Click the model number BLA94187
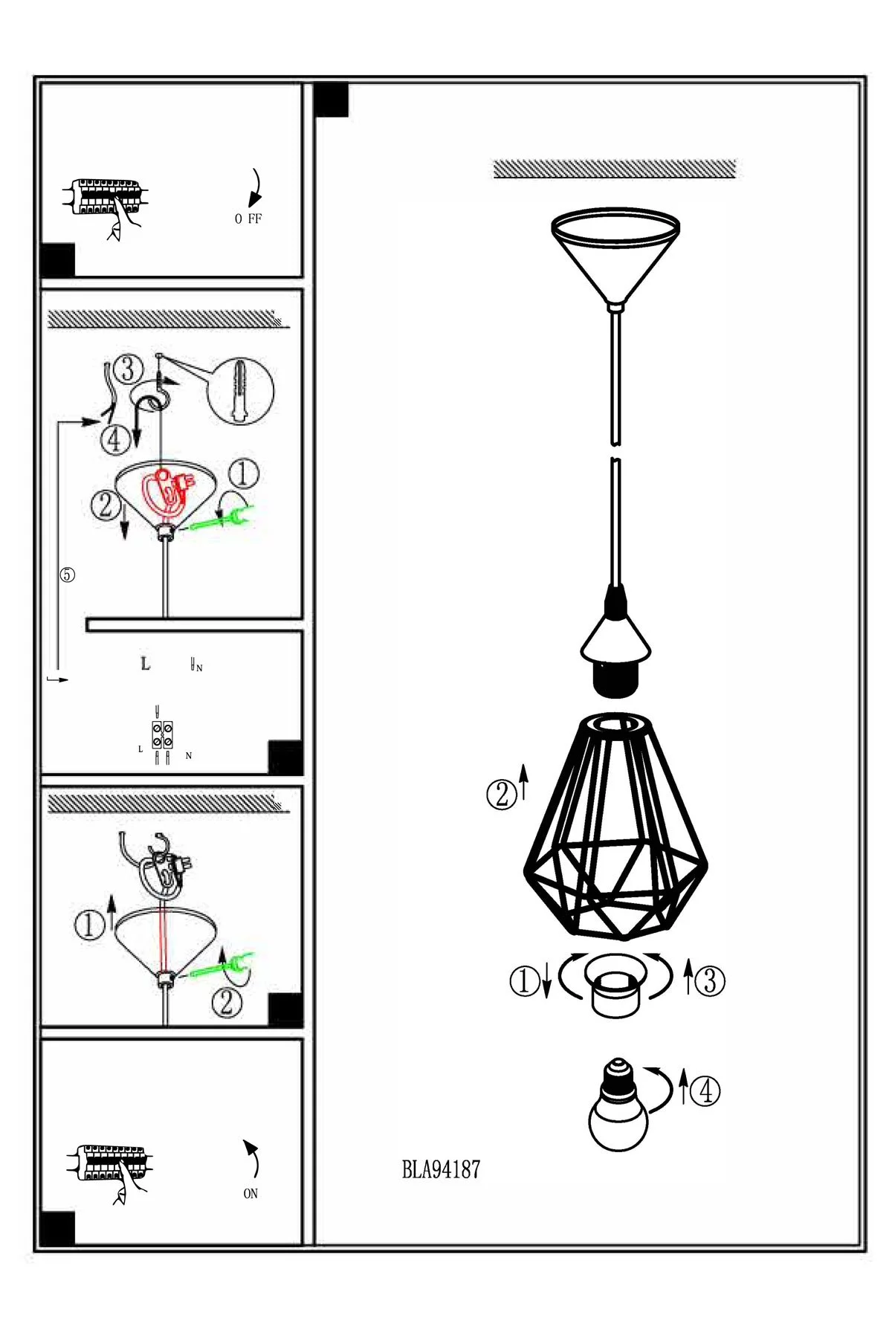click(x=441, y=1170)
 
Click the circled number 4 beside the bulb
click(x=705, y=1091)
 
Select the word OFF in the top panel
click(x=248, y=219)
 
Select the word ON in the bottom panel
click(x=251, y=1193)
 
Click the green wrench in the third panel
click(x=223, y=966)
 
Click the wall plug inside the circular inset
click(x=240, y=390)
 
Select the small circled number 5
click(x=68, y=575)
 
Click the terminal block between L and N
click(x=163, y=734)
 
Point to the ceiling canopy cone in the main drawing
click(x=615, y=257)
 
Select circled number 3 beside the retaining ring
click(x=710, y=980)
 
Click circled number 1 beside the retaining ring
click(x=524, y=980)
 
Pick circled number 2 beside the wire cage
click(x=502, y=795)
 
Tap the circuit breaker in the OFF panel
click(x=104, y=197)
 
